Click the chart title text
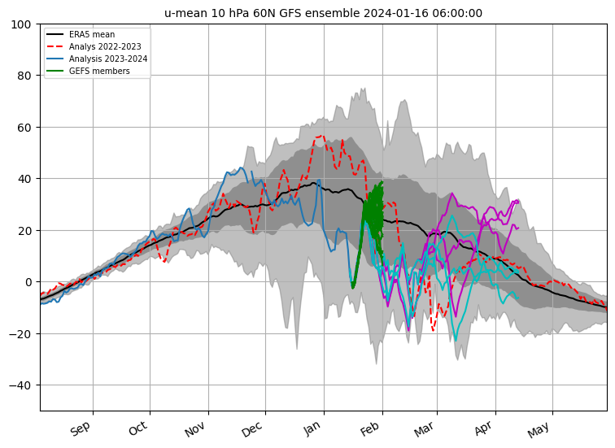tap(323, 13)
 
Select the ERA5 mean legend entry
tap(81, 34)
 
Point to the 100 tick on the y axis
tap(21, 24)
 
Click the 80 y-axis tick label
tap(24, 76)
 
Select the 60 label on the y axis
tap(24, 128)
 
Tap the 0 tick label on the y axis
tap(28, 282)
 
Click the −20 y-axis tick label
tap(20, 334)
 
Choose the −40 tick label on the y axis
tap(20, 385)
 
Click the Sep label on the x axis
tap(81, 428)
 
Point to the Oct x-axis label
tap(138, 428)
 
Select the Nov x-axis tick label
tap(195, 428)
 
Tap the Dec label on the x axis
tap(252, 428)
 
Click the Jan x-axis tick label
tap(312, 428)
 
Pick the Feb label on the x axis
tap(370, 428)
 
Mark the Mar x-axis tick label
tap(425, 428)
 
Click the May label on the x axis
tap(539, 429)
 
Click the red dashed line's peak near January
tap(322, 136)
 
